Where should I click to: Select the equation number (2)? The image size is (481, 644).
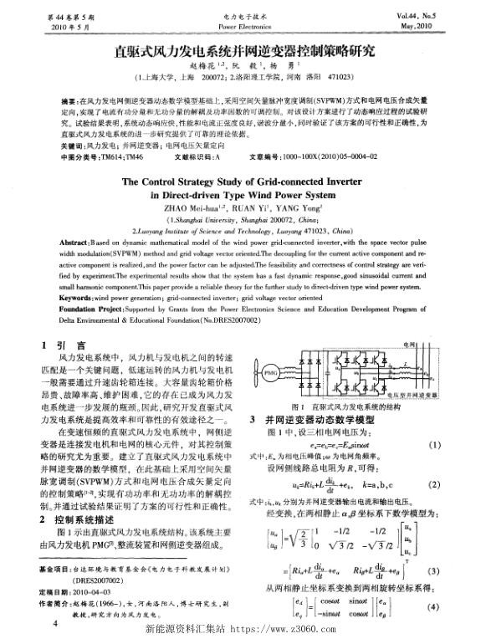[457, 484]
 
